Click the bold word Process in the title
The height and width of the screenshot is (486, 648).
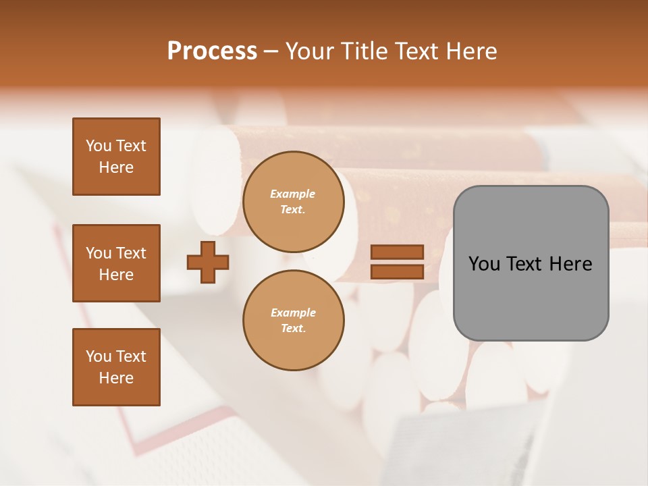tap(212, 51)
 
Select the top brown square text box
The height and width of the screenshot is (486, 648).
tap(116, 157)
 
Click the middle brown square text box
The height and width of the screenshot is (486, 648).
tap(116, 263)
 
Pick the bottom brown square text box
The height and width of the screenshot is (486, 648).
tap(116, 367)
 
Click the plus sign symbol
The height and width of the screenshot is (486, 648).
tap(208, 262)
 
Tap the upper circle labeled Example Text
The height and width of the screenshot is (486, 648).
tap(293, 202)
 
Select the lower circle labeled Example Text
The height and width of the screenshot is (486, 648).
tap(293, 321)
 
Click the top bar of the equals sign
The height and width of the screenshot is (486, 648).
tap(397, 252)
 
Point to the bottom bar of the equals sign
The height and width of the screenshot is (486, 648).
tap(397, 271)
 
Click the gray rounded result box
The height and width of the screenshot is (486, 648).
tap(531, 263)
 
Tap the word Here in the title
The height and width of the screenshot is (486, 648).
tap(471, 51)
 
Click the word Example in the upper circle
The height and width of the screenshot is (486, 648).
tap(293, 194)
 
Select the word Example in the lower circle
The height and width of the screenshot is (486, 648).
tap(293, 313)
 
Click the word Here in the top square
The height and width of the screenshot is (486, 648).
tap(116, 167)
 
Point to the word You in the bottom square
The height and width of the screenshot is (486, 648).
tap(98, 356)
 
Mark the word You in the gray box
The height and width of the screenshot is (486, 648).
tap(484, 264)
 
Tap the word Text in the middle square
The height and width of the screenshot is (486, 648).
tap(130, 253)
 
